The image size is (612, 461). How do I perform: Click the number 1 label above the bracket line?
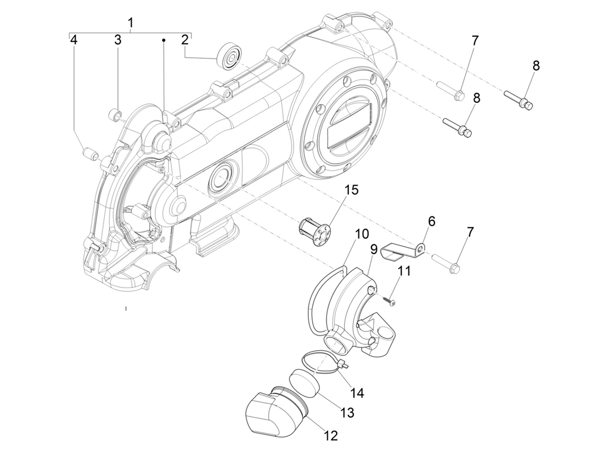[131, 23]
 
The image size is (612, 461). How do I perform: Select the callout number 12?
[330, 435]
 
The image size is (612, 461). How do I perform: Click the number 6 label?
[431, 221]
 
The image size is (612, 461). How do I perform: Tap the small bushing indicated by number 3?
[115, 115]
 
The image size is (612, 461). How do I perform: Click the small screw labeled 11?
[389, 300]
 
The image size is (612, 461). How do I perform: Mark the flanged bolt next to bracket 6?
[446, 261]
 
